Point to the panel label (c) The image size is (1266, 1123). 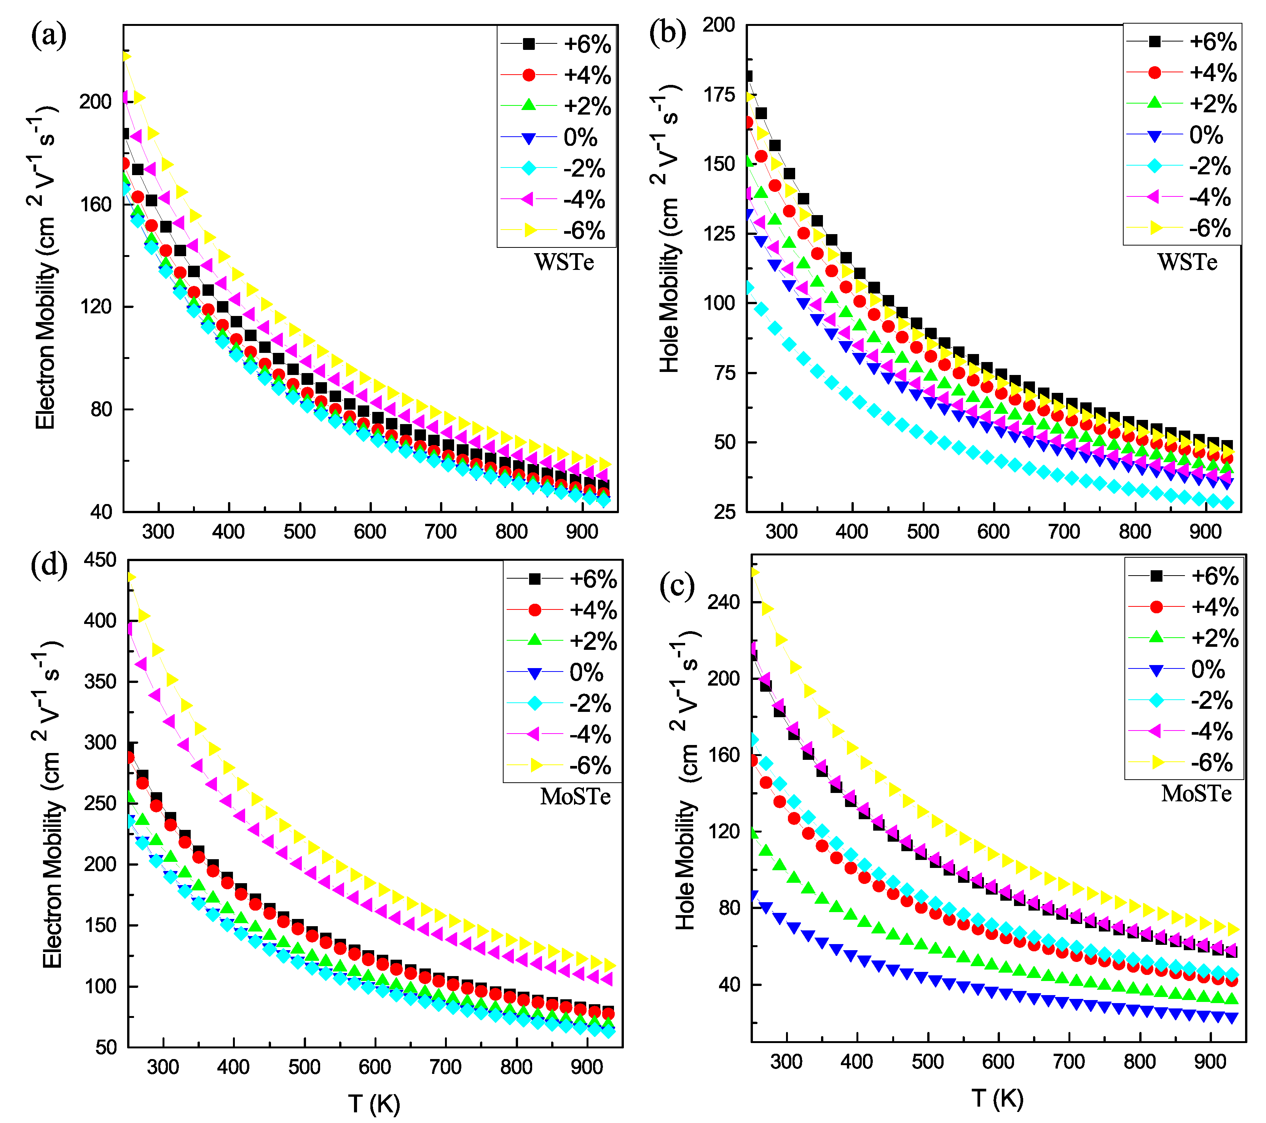tap(677, 585)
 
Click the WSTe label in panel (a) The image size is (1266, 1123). tap(564, 263)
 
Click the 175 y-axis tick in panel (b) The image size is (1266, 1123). tap(719, 95)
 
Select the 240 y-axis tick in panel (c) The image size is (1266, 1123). tap(724, 602)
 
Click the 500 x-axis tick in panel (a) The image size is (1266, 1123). tap(300, 531)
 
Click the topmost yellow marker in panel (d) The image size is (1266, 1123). tap(131, 577)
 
